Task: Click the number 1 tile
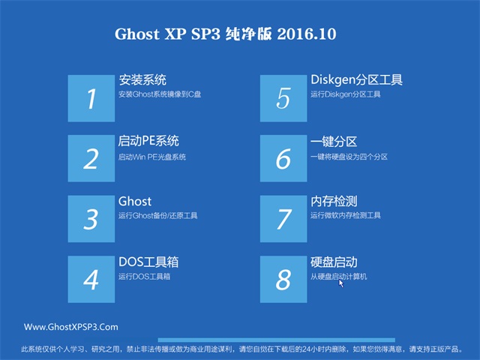tap(91, 98)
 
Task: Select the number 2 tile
tap(91, 158)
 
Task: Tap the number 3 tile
tap(91, 218)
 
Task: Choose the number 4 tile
tap(91, 279)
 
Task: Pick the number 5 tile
tap(283, 98)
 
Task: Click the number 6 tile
tap(283, 158)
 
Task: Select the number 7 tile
tap(283, 218)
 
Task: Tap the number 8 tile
tap(283, 279)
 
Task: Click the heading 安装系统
tap(142, 80)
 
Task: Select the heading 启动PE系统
tap(148, 141)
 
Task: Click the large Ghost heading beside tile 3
tap(135, 202)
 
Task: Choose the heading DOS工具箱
tap(148, 262)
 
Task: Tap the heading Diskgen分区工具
tap(357, 80)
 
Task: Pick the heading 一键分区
tap(334, 142)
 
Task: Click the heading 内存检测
tap(334, 202)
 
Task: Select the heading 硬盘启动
tap(334, 262)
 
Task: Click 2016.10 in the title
tap(307, 34)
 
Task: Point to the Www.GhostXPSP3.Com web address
tap(71, 327)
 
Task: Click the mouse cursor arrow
tap(341, 283)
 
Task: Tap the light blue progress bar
tap(277, 340)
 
